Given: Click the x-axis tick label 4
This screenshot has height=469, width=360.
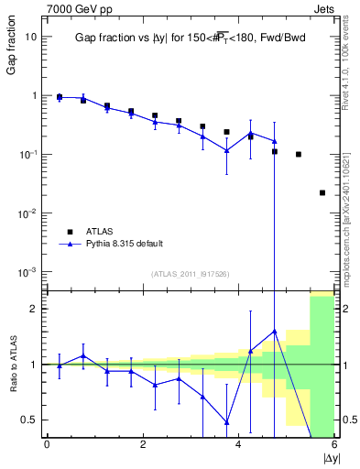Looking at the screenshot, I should click(x=239, y=445).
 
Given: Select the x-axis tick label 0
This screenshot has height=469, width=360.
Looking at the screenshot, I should click(x=47, y=445).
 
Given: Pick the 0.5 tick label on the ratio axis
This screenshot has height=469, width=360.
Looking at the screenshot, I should click(x=29, y=420).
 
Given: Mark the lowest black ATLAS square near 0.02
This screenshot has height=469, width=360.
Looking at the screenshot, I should click(x=322, y=192).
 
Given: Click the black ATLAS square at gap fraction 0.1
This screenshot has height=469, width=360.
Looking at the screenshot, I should click(x=299, y=154).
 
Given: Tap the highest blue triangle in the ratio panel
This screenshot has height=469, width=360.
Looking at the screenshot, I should click(x=275, y=331).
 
